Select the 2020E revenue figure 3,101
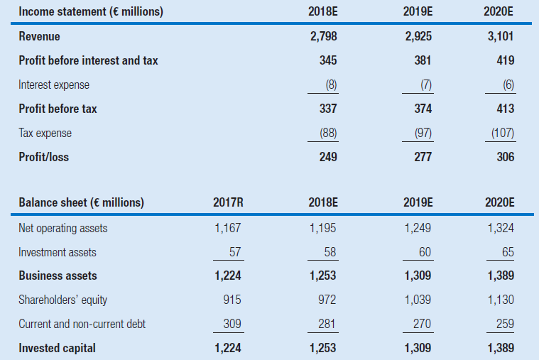501,37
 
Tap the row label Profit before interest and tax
88,61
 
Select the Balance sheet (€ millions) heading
81,203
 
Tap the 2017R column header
228,203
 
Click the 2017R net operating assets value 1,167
228,229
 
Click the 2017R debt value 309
232,324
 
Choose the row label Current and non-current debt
82,324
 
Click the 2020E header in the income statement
501,11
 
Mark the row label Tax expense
45,133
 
